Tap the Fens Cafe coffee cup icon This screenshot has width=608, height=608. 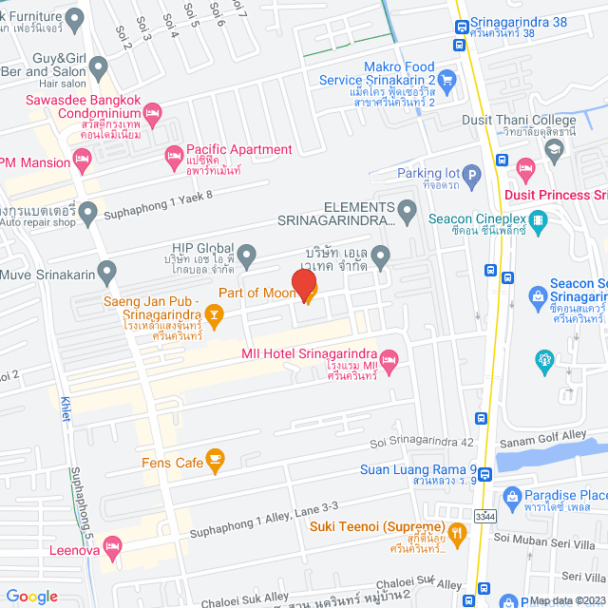coord(215,462)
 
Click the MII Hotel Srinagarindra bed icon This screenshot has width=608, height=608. coord(389,358)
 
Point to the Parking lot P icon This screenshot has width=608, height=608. coord(472,174)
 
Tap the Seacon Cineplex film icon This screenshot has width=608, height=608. coord(540,222)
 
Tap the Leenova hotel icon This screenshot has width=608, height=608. coord(111,546)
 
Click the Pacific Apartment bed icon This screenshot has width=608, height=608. coord(174,156)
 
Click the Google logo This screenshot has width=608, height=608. coord(32,596)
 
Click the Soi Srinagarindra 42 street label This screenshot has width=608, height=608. coord(421,443)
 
